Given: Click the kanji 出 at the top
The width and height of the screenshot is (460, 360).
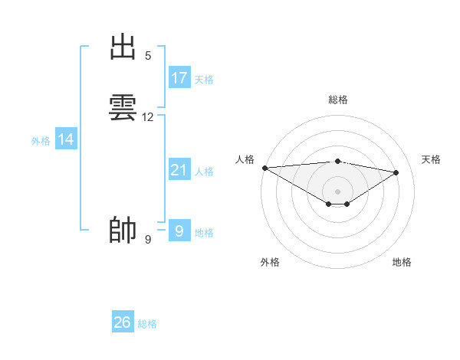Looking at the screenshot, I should tap(123, 47).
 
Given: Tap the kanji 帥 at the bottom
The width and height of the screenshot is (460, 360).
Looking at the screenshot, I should tap(123, 230).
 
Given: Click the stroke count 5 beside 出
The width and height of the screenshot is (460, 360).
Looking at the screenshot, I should tap(147, 55).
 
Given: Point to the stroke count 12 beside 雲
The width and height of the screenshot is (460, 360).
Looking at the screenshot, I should tap(148, 117).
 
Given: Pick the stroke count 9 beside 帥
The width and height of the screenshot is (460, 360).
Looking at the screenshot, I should tap(147, 240).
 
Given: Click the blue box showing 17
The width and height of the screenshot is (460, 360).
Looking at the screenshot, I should tap(179, 78).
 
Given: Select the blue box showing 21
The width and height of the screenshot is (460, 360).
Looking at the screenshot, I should tap(179, 170).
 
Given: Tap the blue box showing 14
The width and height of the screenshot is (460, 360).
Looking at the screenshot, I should tap(66, 139).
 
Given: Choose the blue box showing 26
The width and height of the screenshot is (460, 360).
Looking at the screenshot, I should tap(123, 322).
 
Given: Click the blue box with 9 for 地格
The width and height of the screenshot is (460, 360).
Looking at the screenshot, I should tap(179, 231).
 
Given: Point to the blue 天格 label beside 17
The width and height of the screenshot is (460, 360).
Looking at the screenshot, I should tap(204, 80).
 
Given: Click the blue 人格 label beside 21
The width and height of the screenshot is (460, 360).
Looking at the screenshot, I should tap(204, 172).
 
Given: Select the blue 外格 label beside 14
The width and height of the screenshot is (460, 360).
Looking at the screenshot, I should tap(41, 141).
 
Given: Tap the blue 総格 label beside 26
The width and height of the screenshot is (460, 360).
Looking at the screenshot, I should tap(147, 324).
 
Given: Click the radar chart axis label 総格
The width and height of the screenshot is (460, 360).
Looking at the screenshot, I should tap(338, 100).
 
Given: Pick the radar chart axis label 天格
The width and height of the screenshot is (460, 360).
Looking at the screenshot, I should tap(431, 159).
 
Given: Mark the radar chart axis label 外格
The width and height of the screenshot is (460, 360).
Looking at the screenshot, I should tap(270, 262).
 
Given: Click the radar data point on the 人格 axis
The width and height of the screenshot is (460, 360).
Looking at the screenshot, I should tap(264, 168).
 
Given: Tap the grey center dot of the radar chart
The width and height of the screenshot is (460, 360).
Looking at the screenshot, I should tap(337, 191).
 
